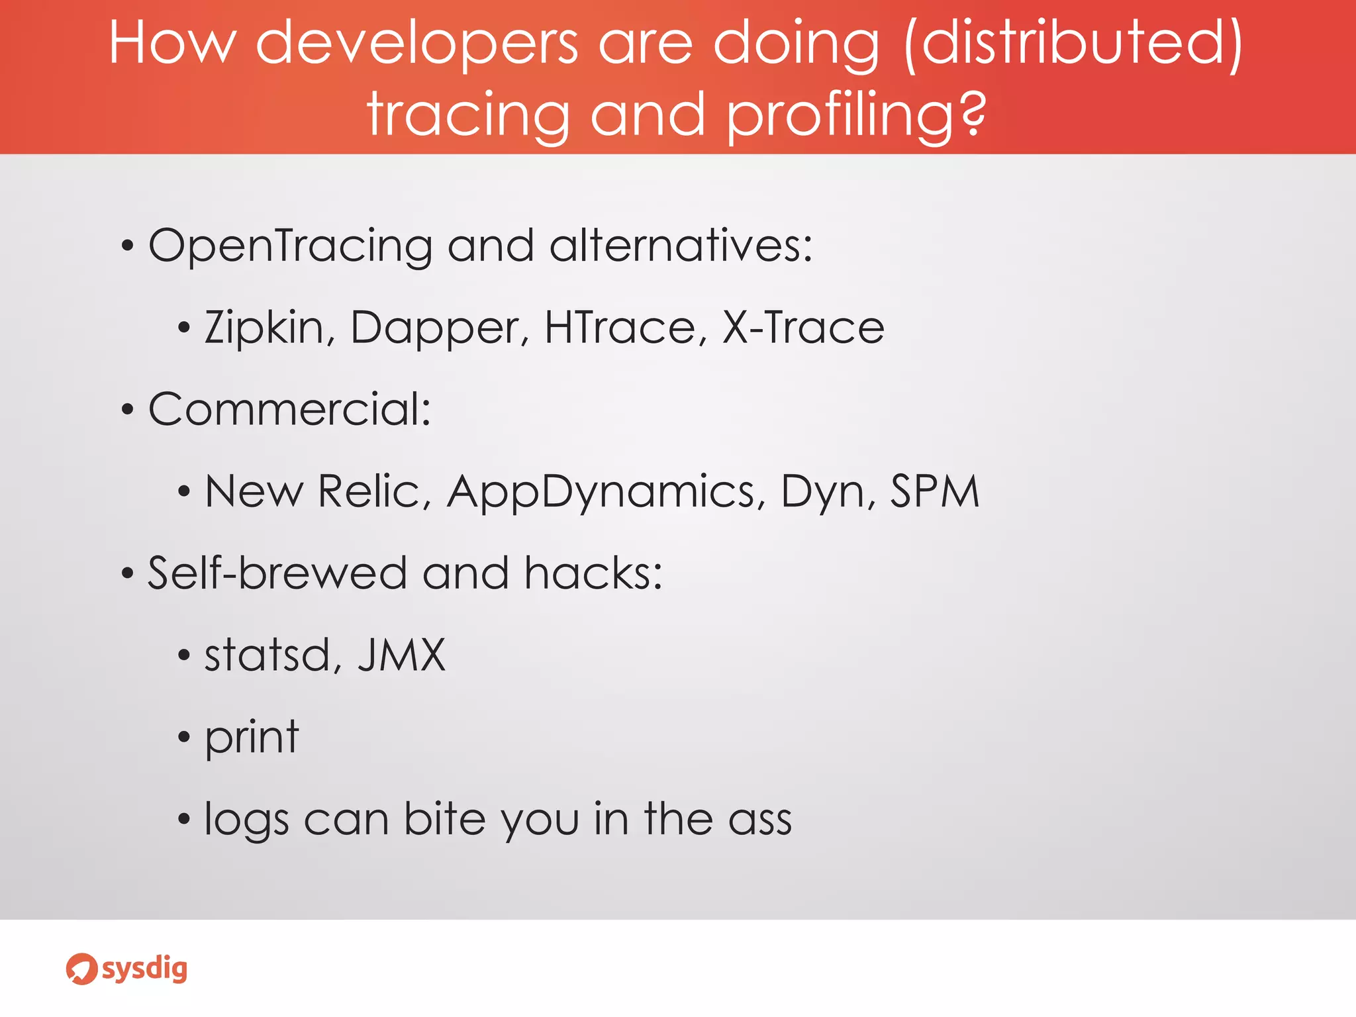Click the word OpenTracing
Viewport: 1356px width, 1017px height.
click(290, 246)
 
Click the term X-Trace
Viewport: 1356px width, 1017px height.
click(802, 328)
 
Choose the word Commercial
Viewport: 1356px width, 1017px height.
click(289, 409)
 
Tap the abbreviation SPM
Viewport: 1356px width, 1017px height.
click(934, 491)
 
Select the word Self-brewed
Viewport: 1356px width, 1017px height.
click(277, 573)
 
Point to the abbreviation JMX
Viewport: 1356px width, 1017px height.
click(401, 655)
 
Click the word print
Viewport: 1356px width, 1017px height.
click(252, 738)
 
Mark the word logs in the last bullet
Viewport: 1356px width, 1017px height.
click(246, 820)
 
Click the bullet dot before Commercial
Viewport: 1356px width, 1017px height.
click(128, 411)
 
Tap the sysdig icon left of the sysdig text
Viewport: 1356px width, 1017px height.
click(81, 969)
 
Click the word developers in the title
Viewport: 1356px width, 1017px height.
click(417, 43)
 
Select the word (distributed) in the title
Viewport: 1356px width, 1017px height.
click(1073, 43)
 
